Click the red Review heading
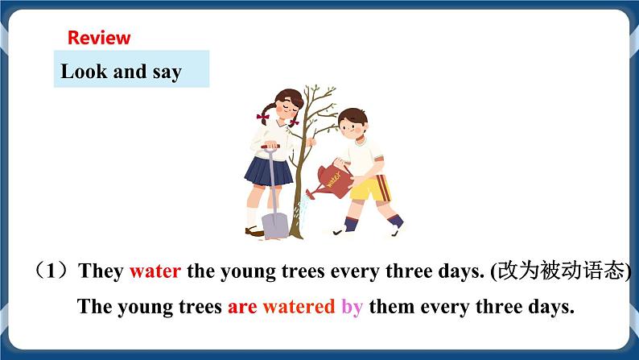pos(98,37)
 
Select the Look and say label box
pos(131,71)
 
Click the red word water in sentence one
pos(155,271)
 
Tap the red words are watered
pos(281,307)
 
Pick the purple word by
pos(352,308)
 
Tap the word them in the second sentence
pos(391,307)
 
